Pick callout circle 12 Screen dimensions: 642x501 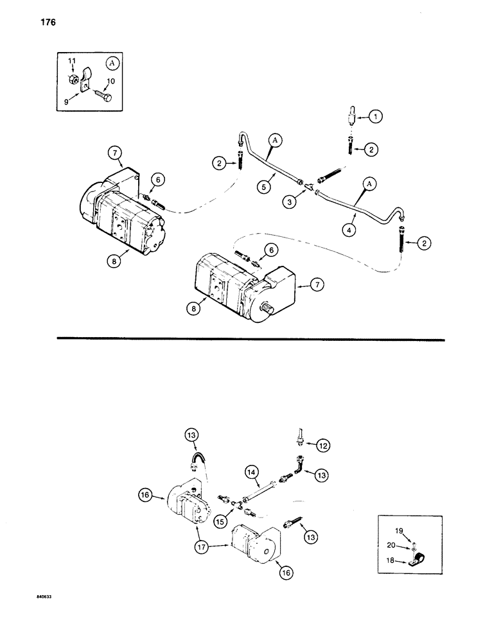coord(323,444)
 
